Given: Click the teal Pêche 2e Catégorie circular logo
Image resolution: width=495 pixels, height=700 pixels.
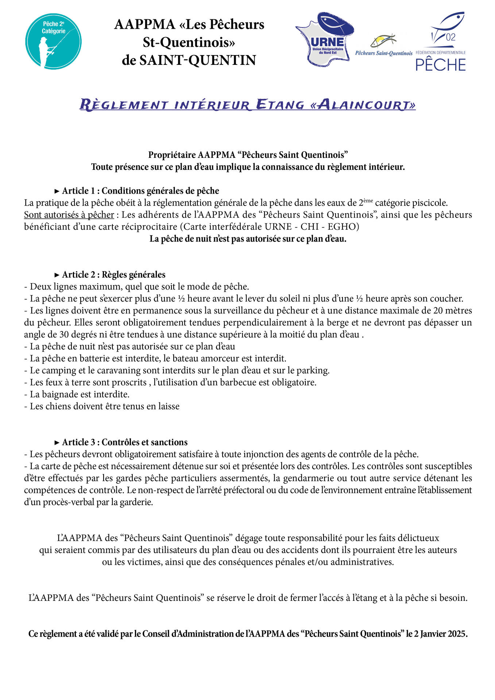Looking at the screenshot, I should [53, 41].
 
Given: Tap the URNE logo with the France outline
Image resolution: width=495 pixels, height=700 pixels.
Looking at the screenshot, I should [324, 39].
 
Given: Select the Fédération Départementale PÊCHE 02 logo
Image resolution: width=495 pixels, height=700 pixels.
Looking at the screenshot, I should [441, 42].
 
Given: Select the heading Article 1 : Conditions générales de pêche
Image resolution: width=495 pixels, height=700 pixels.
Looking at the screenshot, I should [140, 191].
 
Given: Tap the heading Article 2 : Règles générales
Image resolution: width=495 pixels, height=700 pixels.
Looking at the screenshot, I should [113, 275].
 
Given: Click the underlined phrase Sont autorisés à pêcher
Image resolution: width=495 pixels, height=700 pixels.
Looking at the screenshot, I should [69, 215].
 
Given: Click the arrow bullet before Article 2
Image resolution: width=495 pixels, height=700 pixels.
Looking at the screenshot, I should [57, 275].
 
